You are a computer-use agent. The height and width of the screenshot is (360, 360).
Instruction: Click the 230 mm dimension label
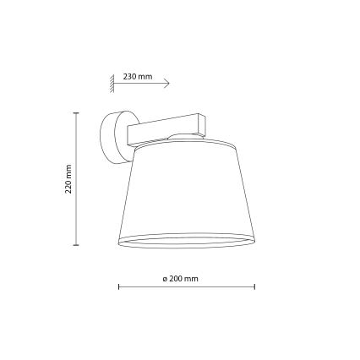point(137,76)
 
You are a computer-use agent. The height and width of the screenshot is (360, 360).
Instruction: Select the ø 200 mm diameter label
point(180,278)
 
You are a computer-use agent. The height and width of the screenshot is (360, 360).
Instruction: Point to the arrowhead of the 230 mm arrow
point(167,84)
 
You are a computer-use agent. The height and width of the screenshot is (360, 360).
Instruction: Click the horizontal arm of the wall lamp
point(161,128)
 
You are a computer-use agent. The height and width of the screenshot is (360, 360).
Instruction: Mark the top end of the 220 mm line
point(76,112)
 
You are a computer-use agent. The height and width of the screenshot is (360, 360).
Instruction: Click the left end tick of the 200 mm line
point(118,286)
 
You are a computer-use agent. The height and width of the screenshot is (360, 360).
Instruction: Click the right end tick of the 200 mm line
point(254,286)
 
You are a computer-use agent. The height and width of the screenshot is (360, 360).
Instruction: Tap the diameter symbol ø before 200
point(164,278)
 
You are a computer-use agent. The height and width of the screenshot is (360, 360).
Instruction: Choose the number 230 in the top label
point(129,76)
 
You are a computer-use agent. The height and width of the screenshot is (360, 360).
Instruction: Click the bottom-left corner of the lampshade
point(117,242)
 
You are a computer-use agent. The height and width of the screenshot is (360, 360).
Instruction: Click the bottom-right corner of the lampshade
point(254,242)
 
